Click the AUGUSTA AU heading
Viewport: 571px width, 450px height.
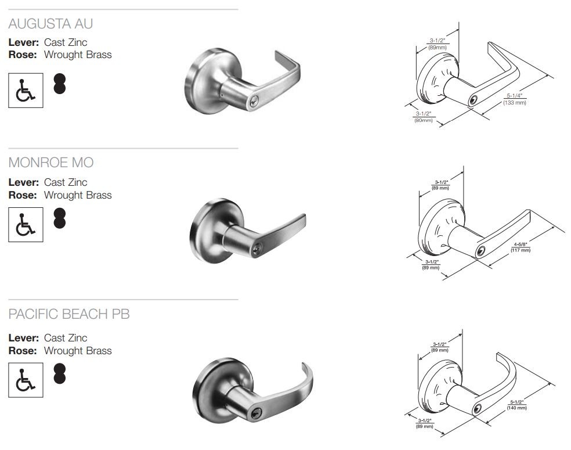pos(50,24)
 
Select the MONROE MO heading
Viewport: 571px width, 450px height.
pos(50,162)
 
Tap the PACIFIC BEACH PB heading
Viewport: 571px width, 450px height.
pos(68,314)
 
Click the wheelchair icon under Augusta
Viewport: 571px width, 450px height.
pos(26,90)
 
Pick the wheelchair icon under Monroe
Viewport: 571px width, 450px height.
pos(26,224)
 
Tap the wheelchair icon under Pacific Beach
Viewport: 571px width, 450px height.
pos(26,380)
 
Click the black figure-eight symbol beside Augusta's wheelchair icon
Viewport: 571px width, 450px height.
pos(60,84)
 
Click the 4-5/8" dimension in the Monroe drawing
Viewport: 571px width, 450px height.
pos(521,244)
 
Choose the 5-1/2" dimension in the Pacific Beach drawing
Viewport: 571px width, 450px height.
pos(517,402)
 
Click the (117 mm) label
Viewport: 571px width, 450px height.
pos(521,250)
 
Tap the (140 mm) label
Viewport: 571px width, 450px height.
pos(517,408)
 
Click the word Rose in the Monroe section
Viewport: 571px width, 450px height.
pos(23,195)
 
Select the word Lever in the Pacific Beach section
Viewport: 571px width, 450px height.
pos(24,338)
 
